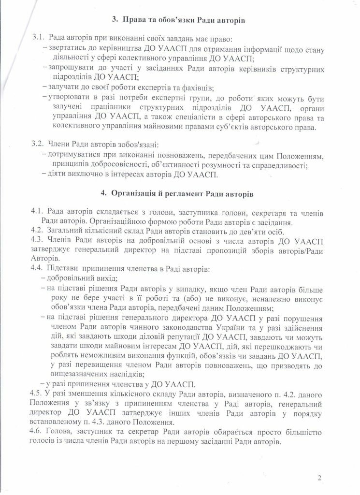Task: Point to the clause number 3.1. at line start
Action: click(38, 38)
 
